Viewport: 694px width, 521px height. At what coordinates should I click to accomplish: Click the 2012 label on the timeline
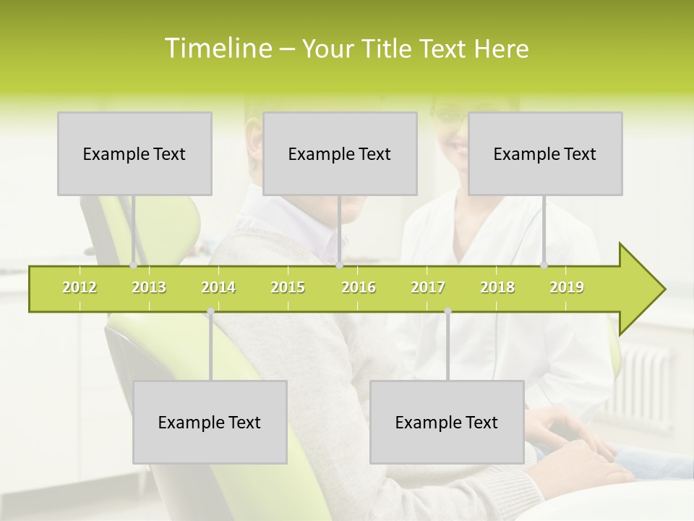coord(80,287)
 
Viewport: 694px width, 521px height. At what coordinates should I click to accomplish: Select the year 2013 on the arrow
coord(149,287)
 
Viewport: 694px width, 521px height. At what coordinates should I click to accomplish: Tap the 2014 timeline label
coord(218,287)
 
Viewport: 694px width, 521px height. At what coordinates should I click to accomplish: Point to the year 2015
coord(288,287)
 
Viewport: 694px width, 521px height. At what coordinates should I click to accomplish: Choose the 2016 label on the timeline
coord(359,287)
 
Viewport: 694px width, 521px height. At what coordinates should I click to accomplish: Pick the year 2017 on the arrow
coord(428,287)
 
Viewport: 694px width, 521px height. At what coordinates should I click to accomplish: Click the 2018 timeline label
coord(497,287)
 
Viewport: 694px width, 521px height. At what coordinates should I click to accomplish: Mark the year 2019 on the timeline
coord(567,287)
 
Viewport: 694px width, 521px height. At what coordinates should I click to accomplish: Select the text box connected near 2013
coord(134,153)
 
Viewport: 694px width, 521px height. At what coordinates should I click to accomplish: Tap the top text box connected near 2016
coord(340,153)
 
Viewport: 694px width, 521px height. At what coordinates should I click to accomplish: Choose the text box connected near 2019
coord(545,153)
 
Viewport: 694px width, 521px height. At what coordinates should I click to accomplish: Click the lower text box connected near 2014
coord(210,422)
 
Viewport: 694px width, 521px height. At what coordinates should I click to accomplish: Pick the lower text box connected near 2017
coord(447,422)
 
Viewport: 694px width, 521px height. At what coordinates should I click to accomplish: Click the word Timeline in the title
coord(218,48)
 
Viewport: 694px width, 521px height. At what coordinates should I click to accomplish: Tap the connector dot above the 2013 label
coord(134,266)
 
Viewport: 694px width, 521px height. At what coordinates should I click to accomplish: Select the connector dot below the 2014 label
coord(210,311)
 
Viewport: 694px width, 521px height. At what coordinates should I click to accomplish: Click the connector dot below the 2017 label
coord(447,311)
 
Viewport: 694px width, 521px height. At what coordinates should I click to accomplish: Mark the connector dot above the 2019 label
coord(544,266)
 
